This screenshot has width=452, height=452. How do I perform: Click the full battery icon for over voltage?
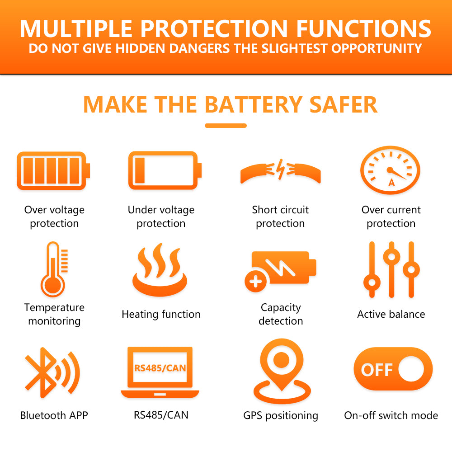pyautogui.click(x=53, y=171)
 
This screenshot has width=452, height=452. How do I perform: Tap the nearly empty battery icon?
pyautogui.click(x=165, y=170)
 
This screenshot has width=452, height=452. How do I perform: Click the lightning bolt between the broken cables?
pyautogui.click(x=281, y=169)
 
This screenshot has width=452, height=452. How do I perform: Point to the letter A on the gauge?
pyautogui.click(x=391, y=183)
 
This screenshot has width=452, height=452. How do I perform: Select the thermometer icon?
pyautogui.click(x=54, y=269)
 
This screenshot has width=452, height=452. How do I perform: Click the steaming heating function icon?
pyautogui.click(x=160, y=269)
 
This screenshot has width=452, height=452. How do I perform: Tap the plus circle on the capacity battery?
pyautogui.click(x=256, y=281)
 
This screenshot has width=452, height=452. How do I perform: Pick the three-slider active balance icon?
pyautogui.click(x=391, y=269)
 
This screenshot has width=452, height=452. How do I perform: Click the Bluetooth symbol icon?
pyautogui.click(x=52, y=373)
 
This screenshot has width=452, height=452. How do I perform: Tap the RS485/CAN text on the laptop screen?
pyautogui.click(x=160, y=368)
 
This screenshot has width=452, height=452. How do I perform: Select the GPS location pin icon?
pyautogui.click(x=282, y=371)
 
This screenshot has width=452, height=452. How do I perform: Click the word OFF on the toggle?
pyautogui.click(x=377, y=370)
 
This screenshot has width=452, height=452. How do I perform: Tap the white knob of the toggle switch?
pyautogui.click(x=411, y=369)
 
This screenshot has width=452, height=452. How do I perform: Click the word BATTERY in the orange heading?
pyautogui.click(x=254, y=104)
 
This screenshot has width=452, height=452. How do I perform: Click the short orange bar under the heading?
pyautogui.click(x=226, y=125)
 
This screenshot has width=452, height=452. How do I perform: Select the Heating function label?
pyautogui.click(x=161, y=314)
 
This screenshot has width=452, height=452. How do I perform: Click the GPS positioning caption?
pyautogui.click(x=281, y=415)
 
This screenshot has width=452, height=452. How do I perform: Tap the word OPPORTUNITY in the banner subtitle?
pyautogui.click(x=377, y=48)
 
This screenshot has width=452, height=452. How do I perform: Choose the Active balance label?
pyautogui.click(x=391, y=314)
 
